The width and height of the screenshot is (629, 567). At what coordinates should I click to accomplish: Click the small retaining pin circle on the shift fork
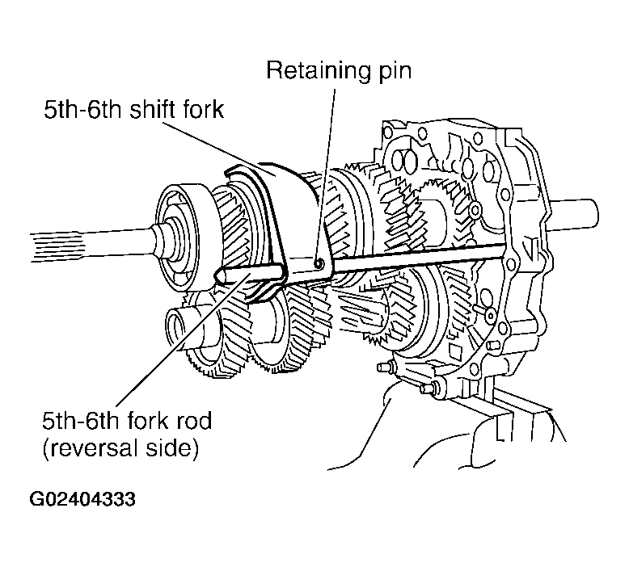point(320,262)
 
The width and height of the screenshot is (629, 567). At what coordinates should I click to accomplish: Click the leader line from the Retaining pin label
point(330,162)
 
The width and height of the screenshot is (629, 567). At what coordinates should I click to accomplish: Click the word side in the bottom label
point(177,447)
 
